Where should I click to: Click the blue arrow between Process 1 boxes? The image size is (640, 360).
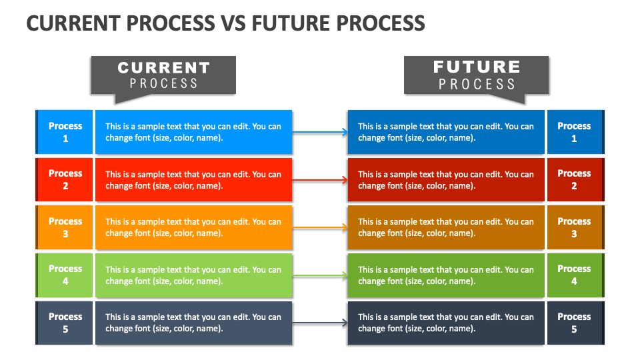[x=320, y=132]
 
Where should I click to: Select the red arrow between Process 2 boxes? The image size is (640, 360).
[x=320, y=179]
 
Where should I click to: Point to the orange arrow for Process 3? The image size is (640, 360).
[x=320, y=227]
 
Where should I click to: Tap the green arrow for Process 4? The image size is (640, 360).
[x=320, y=275]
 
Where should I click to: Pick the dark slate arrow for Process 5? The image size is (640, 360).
[x=320, y=323]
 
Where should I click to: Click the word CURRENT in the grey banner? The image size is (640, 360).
[x=164, y=68]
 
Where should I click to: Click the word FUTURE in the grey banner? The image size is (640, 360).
[x=477, y=67]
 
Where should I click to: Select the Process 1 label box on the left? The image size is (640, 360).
[x=64, y=132]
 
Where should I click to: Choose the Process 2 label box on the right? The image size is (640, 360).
[x=575, y=179]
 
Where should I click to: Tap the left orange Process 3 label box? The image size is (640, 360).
[x=64, y=227]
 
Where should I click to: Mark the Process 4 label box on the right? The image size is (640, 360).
[x=575, y=275]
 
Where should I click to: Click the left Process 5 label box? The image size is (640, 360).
[x=64, y=323]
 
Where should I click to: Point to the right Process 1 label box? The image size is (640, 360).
[x=575, y=132]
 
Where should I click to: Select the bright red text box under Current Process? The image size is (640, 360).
[x=194, y=179]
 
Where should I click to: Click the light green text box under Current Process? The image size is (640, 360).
[x=194, y=275]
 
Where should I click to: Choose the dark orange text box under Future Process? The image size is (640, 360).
[x=446, y=227]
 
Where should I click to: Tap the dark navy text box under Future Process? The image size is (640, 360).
[x=446, y=323]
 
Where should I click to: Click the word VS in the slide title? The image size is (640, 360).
[x=234, y=23]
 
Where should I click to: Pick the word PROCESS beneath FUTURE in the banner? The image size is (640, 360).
[x=477, y=84]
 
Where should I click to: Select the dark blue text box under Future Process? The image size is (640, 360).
[x=446, y=132]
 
